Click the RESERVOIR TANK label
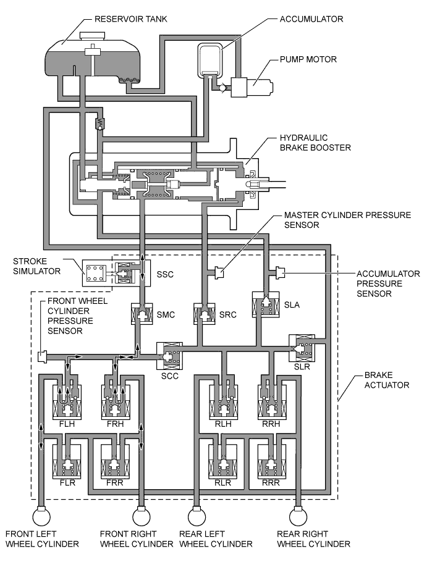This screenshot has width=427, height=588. point(130,19)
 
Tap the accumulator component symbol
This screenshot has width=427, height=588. point(210,59)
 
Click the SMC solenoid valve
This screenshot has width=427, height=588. point(142,314)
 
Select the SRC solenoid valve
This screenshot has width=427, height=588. point(204,314)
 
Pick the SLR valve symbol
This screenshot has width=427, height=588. point(302,348)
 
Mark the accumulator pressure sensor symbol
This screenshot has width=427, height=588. point(279,271)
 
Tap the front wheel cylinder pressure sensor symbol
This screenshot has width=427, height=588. point(43,356)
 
